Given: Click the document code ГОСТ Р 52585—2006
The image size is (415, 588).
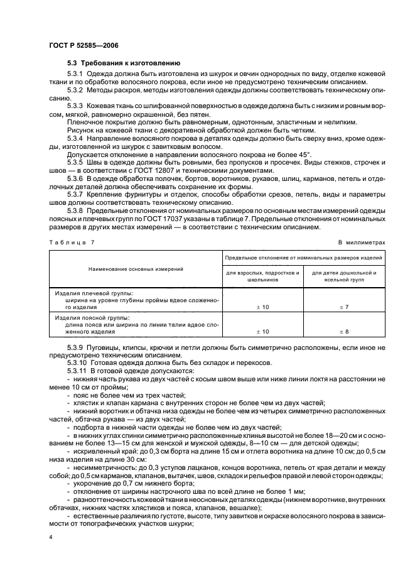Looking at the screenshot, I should coord(84,46).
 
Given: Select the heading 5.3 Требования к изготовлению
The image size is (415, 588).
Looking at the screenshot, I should coord(124,63).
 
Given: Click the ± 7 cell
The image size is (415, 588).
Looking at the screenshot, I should coord(344,306).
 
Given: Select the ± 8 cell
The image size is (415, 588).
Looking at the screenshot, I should coord(344,331).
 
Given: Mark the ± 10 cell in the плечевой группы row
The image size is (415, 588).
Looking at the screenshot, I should coord(263,306).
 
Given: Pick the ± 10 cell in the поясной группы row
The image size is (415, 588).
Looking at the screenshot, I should coord(263,331).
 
